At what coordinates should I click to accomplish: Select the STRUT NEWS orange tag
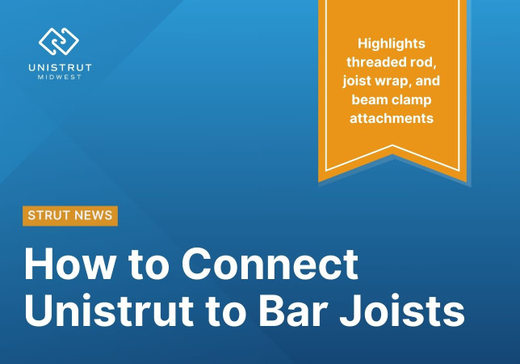(70, 215)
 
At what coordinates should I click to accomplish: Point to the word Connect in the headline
(270, 264)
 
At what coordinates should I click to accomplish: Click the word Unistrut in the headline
(116, 311)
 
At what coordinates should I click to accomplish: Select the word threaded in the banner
(379, 61)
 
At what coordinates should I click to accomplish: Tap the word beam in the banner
(370, 99)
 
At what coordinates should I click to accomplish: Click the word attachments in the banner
(392, 118)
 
